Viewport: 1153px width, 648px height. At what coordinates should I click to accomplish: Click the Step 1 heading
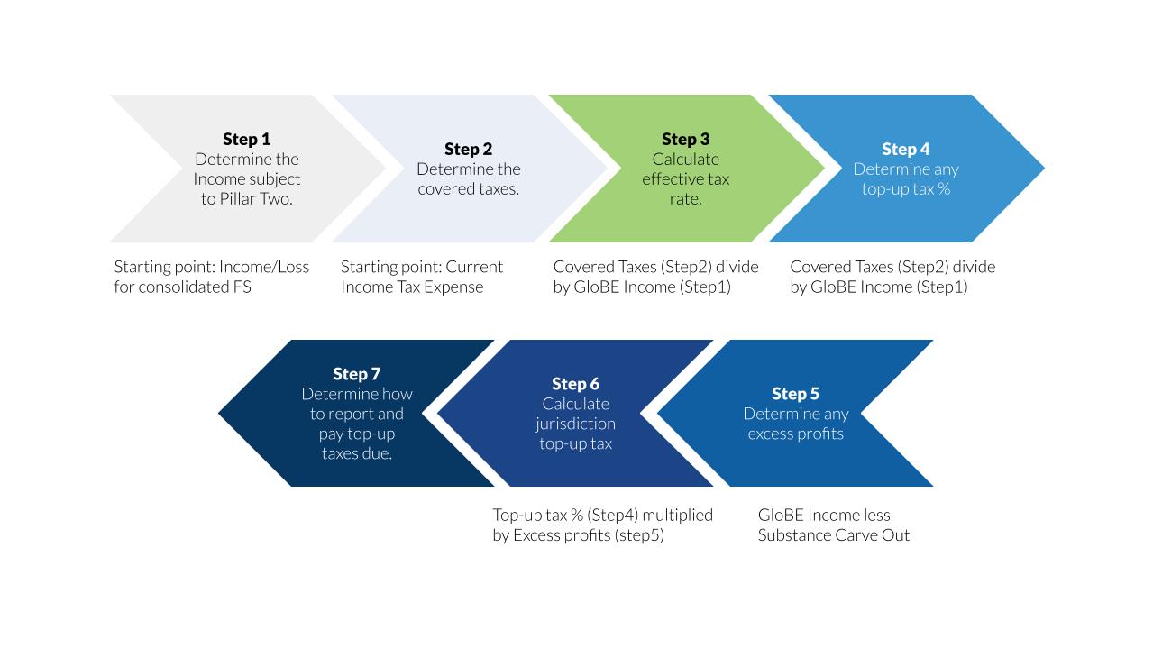coord(246,139)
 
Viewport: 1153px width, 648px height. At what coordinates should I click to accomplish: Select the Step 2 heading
coord(468,149)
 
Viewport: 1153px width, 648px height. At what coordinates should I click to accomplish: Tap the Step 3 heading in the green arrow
coord(685,139)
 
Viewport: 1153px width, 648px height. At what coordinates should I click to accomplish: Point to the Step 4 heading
coord(905,149)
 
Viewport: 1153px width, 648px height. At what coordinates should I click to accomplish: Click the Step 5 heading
coord(795,394)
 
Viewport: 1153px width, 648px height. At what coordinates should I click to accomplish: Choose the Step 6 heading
coord(575,384)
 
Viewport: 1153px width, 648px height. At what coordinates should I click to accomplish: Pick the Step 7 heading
coord(356,374)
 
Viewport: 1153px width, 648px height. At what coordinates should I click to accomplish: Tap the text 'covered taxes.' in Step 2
coord(468,189)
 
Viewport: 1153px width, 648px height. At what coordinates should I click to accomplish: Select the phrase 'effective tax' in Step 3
coord(685,179)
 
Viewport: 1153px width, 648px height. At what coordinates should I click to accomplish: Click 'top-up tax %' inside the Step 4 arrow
coord(905,189)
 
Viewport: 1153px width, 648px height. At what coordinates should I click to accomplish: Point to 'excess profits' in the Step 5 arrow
coord(795,434)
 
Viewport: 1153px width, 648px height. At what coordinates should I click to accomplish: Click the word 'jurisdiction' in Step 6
coord(575,424)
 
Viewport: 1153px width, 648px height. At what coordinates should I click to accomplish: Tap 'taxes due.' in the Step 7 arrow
coord(356,453)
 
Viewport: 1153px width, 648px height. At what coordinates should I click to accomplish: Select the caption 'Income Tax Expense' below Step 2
coord(412,287)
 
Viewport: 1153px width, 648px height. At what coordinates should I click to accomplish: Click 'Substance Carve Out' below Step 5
coord(833,535)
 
